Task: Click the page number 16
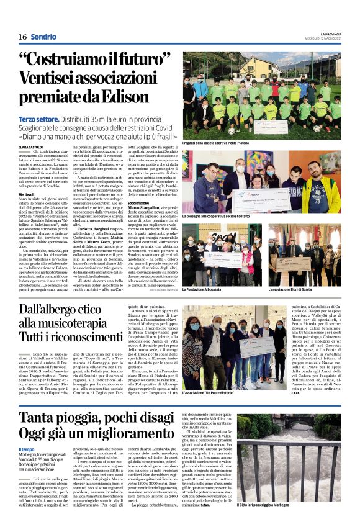tap(22, 37)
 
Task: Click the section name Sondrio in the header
tap(44, 37)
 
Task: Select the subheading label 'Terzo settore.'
tap(39, 118)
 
